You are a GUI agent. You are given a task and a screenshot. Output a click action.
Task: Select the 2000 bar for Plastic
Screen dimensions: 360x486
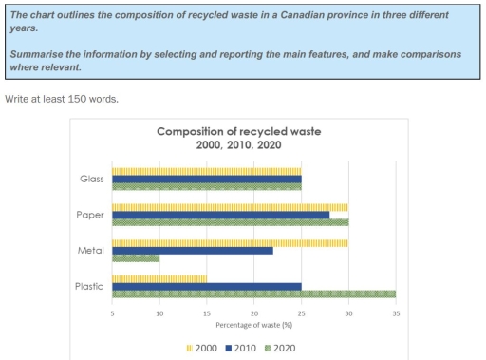159,278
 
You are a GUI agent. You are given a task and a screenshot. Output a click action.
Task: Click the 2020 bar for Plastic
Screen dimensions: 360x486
253,294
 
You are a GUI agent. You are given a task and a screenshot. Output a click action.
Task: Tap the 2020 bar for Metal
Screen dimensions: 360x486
136,258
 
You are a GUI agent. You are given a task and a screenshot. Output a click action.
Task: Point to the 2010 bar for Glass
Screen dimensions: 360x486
206,179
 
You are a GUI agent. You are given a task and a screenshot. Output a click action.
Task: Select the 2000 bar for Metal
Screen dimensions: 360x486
230,242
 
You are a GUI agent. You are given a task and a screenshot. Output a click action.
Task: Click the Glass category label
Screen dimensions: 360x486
92,179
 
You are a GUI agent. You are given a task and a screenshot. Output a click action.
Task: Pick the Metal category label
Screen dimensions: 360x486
92,251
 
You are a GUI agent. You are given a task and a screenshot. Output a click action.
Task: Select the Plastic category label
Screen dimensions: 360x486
91,286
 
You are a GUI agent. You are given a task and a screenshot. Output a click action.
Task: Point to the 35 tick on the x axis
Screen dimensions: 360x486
395,312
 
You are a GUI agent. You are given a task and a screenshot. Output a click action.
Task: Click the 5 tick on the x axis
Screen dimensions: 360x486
112,312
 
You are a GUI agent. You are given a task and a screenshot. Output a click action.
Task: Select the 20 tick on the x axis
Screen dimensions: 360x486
253,312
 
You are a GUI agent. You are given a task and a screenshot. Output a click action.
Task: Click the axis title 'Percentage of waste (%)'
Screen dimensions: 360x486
252,324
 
